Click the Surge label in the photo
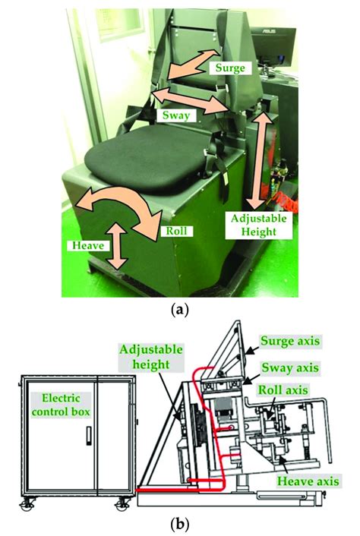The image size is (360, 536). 230,68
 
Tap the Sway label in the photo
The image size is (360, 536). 175,115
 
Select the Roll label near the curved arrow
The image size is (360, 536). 176,231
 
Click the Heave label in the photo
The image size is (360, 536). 89,245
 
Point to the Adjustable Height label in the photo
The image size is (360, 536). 258,225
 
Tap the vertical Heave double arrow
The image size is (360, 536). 116,246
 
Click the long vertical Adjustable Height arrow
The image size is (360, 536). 261,160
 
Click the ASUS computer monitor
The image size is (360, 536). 273,44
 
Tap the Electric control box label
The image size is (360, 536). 61,405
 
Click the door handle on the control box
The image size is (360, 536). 89,436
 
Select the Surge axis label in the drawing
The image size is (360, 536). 290,341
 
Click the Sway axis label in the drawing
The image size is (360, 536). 290,367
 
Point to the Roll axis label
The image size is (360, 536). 283,389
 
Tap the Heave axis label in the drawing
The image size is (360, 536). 308,481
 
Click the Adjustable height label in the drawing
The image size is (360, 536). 151,358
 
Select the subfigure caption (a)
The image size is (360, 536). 179,311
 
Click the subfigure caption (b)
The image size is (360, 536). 179,522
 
